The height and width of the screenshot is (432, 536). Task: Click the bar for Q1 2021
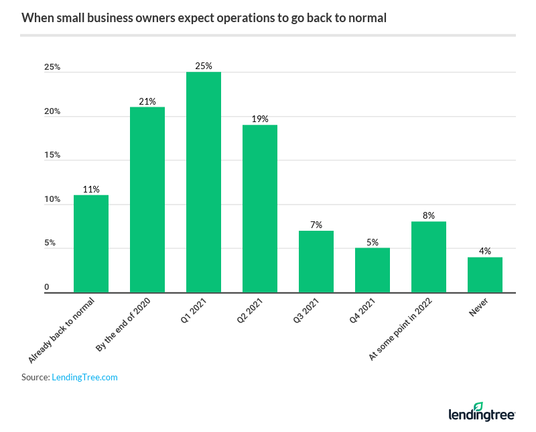pyautogui.click(x=204, y=182)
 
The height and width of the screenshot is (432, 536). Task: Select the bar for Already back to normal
pyautogui.click(x=91, y=244)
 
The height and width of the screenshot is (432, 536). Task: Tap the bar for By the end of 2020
pyautogui.click(x=147, y=199)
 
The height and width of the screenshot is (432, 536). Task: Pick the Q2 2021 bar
pyautogui.click(x=260, y=208)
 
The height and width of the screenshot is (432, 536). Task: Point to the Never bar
pyautogui.click(x=485, y=274)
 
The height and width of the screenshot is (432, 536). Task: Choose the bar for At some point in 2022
pyautogui.click(x=429, y=257)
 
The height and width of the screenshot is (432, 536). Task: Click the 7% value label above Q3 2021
pyautogui.click(x=316, y=225)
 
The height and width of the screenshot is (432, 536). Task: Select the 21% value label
pyautogui.click(x=147, y=101)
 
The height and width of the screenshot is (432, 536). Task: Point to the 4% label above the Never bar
pyautogui.click(x=485, y=251)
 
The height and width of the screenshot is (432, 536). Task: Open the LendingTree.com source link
pyautogui.click(x=84, y=377)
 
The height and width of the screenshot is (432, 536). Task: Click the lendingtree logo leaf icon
pyautogui.click(x=478, y=407)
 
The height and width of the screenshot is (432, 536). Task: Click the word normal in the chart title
pyautogui.click(x=366, y=17)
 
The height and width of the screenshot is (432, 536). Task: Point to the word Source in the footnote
pyautogui.click(x=35, y=377)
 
